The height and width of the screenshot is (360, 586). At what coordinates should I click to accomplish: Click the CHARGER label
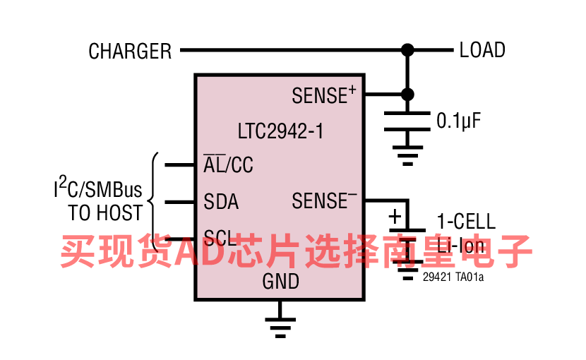point(130,52)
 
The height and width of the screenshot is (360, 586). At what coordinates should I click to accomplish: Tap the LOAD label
point(482,50)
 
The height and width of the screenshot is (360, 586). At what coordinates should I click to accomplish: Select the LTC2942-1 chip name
point(280,131)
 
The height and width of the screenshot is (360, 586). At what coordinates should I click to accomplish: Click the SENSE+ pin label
point(323,95)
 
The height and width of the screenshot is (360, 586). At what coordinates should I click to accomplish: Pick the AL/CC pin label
point(228,165)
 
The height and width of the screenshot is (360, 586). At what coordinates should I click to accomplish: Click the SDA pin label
point(221,203)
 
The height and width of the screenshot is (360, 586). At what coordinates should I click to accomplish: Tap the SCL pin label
point(220,237)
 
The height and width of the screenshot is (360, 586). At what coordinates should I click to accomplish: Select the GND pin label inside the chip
point(280,282)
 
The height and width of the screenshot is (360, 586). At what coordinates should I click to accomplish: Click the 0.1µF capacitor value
point(458,121)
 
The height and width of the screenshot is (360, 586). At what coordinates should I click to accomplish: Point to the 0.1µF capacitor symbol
point(407,121)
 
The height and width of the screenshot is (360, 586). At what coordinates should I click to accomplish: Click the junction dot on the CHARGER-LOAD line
point(407,50)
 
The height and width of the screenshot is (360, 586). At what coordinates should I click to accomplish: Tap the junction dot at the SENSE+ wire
point(407,95)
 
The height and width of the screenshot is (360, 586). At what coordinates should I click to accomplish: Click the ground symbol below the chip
point(280,323)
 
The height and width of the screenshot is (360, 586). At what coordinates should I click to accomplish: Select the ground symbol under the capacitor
point(407,155)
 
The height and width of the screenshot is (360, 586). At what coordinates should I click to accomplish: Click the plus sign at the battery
point(395,217)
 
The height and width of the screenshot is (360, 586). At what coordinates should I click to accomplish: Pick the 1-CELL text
point(465,222)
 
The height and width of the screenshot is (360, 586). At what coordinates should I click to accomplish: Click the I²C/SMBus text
point(98,190)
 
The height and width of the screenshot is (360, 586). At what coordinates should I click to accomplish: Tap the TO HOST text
point(105,212)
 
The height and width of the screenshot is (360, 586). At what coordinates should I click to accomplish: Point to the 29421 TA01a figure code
point(453,277)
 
